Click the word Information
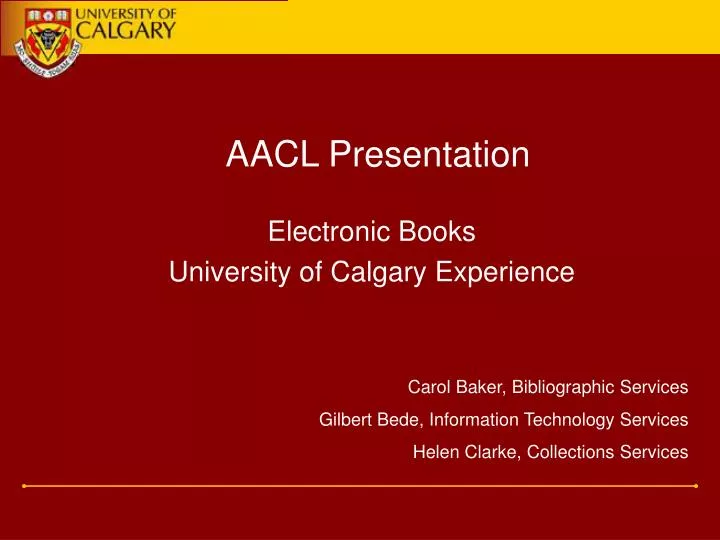(463, 419)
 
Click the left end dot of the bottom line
(24, 486)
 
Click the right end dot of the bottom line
(695, 486)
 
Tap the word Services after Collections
(652, 451)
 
